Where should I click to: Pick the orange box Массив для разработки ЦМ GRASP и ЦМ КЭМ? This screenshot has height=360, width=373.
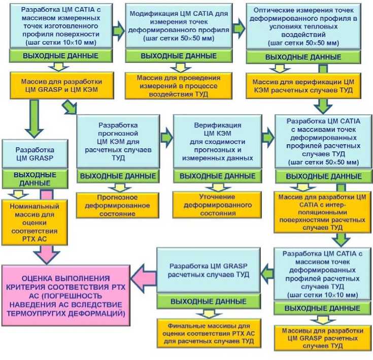click(62, 85)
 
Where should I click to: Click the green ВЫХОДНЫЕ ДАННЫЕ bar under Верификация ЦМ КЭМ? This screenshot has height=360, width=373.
click(218, 176)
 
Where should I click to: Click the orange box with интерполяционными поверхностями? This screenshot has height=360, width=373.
click(322, 210)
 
